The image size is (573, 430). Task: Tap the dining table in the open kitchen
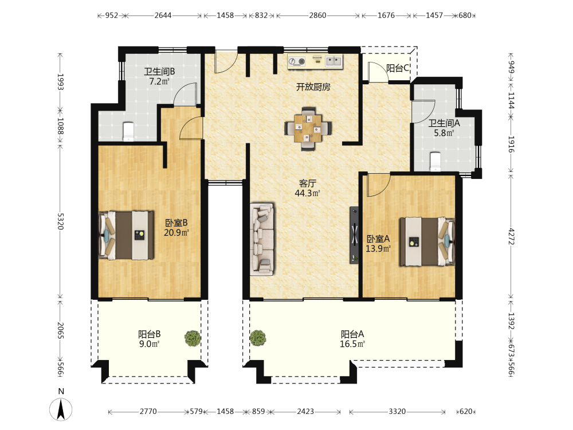[x=308, y=128]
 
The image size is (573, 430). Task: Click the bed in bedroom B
[x=126, y=234]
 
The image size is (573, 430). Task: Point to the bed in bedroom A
[x=427, y=242]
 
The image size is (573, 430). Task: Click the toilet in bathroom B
[x=128, y=132]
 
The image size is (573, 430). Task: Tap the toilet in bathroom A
[x=435, y=162]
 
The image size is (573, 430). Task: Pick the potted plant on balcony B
[x=193, y=338]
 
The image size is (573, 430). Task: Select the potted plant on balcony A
[x=258, y=338]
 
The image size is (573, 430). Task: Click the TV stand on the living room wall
[x=354, y=235]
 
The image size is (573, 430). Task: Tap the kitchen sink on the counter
[x=334, y=61]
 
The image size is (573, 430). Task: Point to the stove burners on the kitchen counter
[x=296, y=61]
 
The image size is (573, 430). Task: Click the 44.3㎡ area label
[x=307, y=193]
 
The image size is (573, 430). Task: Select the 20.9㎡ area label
[x=176, y=233]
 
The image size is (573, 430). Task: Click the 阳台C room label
[x=398, y=68]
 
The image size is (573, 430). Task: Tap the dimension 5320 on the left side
[x=61, y=221]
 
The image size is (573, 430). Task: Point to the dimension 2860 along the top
[x=317, y=15]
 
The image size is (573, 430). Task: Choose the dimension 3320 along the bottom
[x=397, y=411]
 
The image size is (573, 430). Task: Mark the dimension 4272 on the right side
[x=511, y=237]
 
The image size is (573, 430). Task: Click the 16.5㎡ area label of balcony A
[x=352, y=344]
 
